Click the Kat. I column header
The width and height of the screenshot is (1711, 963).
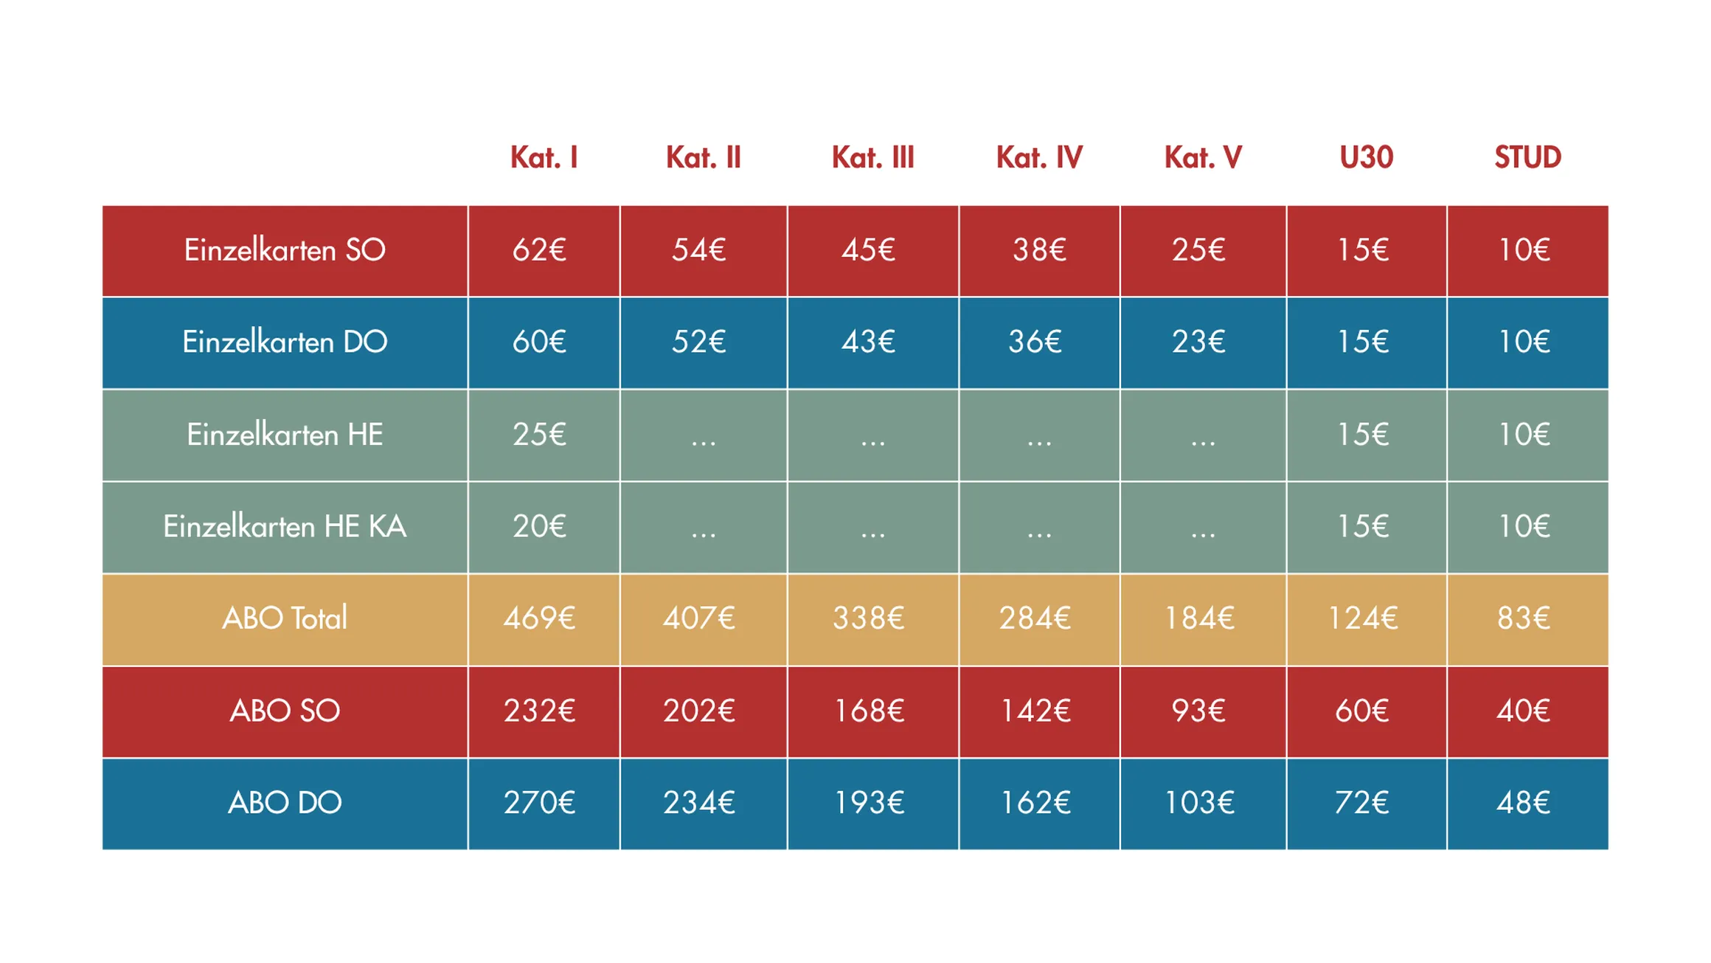544,157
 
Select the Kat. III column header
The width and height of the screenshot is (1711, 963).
872,157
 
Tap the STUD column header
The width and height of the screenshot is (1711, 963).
1527,157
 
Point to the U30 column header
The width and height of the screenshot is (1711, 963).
1366,157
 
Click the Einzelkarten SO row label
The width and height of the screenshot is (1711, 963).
285,250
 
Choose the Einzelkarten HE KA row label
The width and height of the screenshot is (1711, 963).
285,527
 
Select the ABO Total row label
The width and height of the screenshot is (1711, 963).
285,618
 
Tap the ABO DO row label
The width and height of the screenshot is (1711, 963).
285,803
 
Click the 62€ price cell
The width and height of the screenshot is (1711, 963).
539,250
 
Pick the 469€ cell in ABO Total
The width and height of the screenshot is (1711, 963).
539,618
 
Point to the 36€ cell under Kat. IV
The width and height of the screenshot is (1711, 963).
1035,342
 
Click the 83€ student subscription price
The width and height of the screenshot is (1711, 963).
1524,618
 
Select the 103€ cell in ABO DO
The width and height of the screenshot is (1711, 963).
1199,803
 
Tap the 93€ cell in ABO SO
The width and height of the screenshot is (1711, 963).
1198,711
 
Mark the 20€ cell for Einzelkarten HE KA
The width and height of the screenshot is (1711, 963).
539,527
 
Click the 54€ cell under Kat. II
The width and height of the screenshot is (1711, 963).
698,250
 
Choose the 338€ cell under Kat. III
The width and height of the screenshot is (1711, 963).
869,618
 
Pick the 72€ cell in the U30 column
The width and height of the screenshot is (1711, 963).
1361,803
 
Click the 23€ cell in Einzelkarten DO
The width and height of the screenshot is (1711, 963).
1198,342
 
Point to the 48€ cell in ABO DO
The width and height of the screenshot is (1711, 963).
1524,803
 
